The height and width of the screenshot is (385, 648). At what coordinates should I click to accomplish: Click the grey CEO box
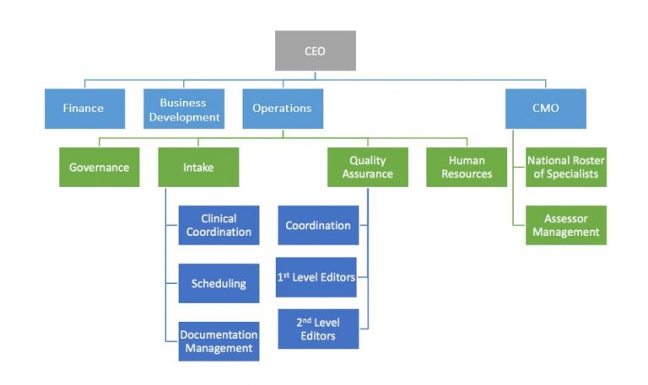[x=315, y=51]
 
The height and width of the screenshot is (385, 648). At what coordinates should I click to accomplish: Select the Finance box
[x=84, y=108]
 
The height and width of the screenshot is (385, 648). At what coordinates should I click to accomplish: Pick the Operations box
[x=282, y=108]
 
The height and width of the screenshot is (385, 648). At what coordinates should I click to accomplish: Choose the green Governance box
[x=99, y=167]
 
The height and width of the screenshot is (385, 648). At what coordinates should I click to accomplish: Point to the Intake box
[x=198, y=167]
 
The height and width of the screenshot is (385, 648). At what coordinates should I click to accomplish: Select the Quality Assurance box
[x=368, y=167]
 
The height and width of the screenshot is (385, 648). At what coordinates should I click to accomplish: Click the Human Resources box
[x=467, y=167]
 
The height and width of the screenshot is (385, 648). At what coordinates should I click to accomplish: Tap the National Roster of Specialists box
[x=565, y=167]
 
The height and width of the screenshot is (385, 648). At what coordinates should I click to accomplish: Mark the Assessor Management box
[x=565, y=225]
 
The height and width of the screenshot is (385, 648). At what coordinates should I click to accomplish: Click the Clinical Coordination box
[x=219, y=225]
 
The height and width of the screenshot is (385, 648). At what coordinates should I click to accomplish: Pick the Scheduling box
[x=219, y=283]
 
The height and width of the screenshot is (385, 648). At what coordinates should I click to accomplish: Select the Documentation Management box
[x=219, y=340]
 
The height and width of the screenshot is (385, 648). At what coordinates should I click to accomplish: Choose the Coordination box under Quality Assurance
[x=318, y=225]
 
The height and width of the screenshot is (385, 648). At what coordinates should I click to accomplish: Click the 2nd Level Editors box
[x=318, y=329]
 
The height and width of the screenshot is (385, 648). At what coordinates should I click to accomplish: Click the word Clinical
[x=219, y=219]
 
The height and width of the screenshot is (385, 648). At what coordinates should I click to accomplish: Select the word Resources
[x=467, y=174]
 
